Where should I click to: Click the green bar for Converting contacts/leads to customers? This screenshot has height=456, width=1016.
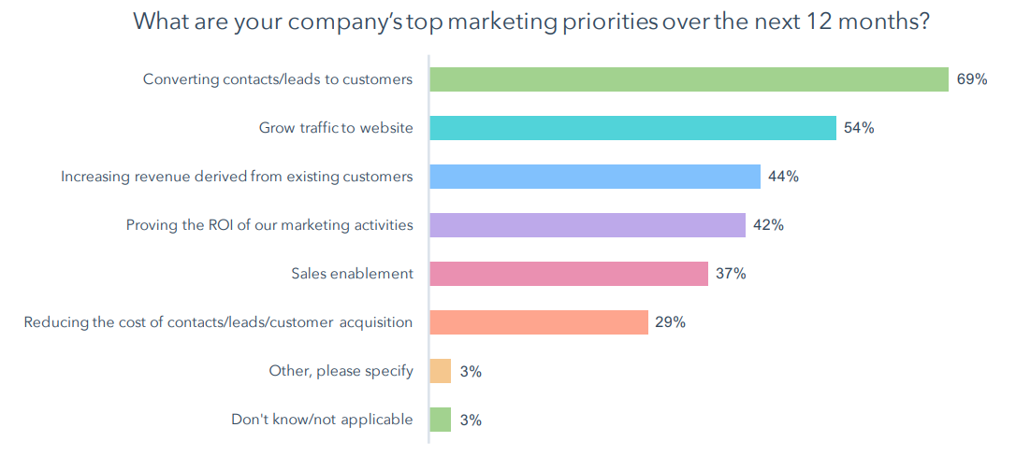689,79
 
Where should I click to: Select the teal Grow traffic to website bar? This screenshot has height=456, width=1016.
632,128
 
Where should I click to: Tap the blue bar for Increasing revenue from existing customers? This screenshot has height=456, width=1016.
595,177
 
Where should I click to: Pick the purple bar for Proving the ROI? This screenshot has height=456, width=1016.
588,225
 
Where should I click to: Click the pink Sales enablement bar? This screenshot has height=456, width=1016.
569,274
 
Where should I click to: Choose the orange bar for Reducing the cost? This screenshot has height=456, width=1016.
539,322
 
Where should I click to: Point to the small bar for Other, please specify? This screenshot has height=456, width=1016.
441,371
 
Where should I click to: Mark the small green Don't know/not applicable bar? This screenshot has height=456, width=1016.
441,420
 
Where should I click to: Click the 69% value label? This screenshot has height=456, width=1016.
972,80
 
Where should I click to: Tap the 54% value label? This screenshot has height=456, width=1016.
859,129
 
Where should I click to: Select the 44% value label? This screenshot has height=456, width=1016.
783,178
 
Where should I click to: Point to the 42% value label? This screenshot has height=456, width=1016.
768,226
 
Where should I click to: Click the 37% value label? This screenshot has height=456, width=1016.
731,275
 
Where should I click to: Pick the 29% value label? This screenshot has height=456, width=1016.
671,323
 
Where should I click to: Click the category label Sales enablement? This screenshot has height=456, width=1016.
352,274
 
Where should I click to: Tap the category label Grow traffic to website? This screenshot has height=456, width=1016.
336,128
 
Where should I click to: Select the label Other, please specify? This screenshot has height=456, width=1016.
341,371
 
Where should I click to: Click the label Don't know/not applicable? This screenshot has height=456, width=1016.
322,420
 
